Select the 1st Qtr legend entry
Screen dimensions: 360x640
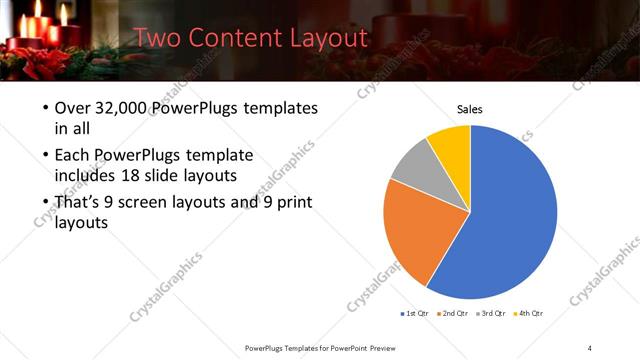pyautogui.click(x=413, y=313)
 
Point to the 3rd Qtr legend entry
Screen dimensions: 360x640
pyautogui.click(x=493, y=313)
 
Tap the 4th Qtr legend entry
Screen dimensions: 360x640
pyautogui.click(x=531, y=313)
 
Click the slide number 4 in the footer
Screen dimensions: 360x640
pyautogui.click(x=590, y=347)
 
